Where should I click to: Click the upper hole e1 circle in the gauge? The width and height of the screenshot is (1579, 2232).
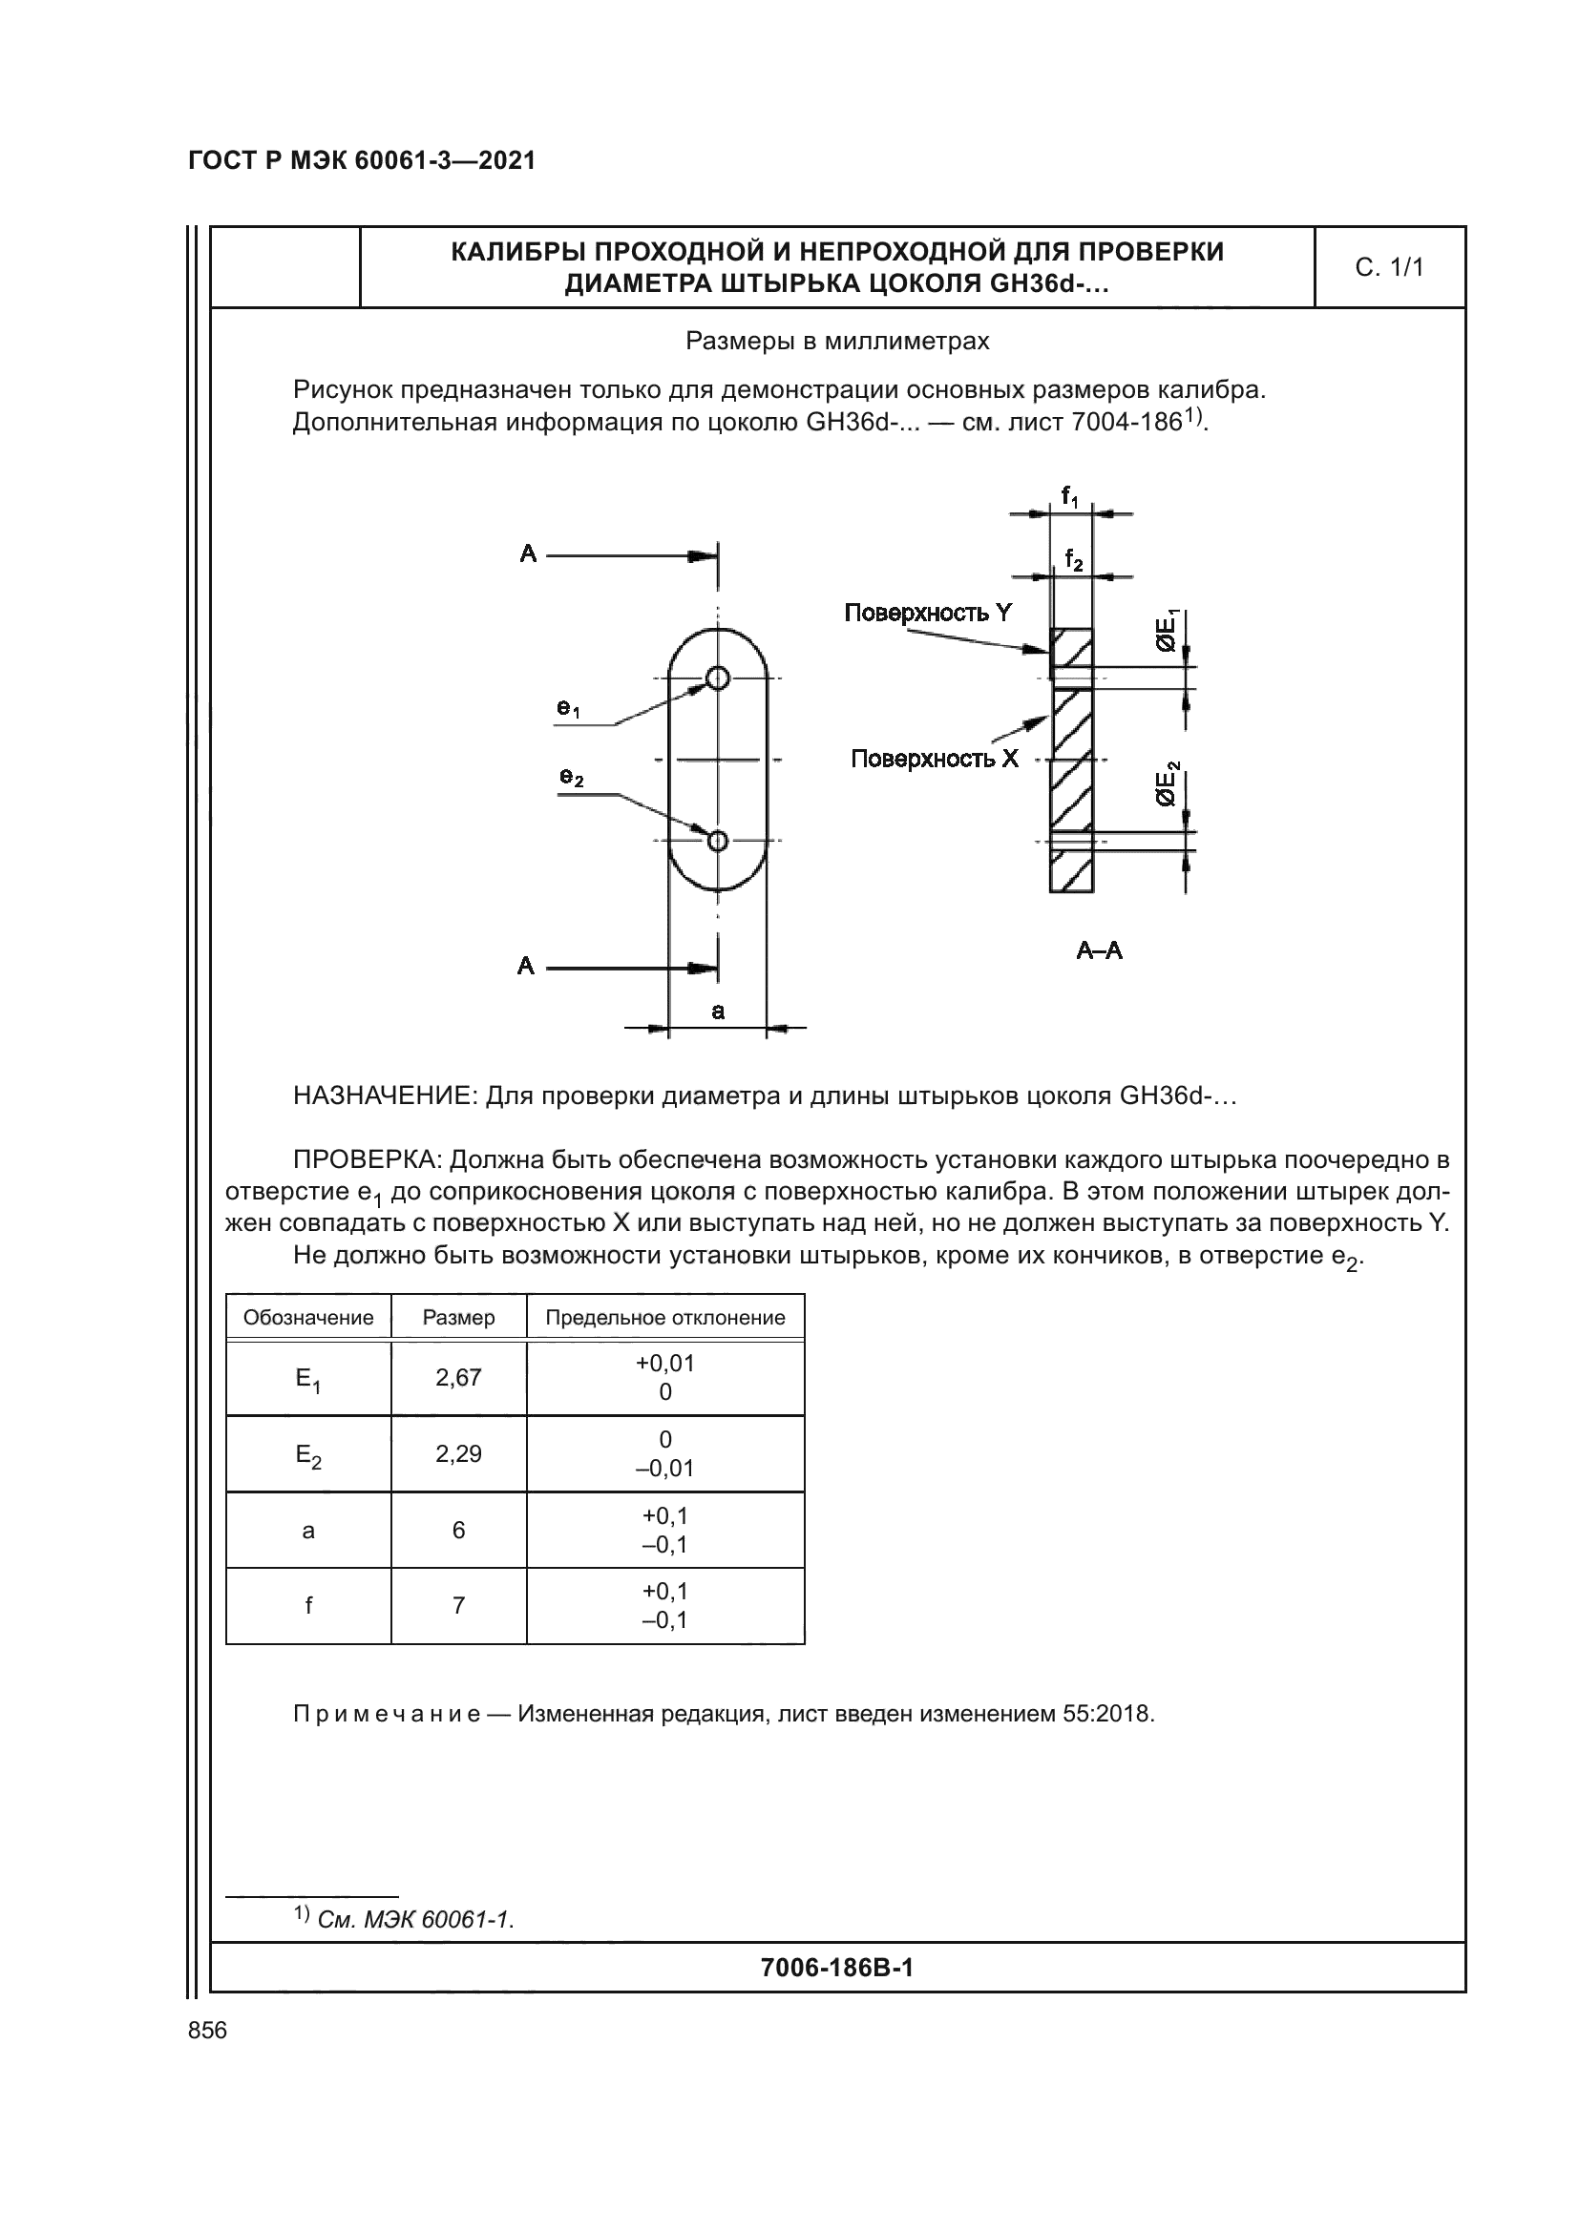tap(718, 678)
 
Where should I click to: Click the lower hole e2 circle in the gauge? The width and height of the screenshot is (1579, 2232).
tap(718, 840)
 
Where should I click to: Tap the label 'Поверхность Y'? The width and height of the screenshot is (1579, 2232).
tap(928, 613)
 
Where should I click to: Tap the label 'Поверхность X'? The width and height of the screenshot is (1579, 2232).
tap(935, 759)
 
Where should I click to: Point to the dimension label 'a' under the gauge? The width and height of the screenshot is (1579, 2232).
tap(718, 1011)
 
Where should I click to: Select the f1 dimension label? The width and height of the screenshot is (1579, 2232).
tap(1069, 498)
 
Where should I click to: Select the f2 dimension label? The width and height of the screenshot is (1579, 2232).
tap(1073, 560)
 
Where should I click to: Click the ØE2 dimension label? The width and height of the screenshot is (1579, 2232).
tap(1167, 783)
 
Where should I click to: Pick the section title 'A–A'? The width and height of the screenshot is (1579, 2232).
tap(1099, 950)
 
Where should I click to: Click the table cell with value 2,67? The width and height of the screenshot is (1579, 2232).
tap(458, 1378)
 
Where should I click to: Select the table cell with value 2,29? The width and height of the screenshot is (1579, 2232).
tap(458, 1453)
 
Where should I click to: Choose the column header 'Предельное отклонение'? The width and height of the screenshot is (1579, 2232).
tap(665, 1317)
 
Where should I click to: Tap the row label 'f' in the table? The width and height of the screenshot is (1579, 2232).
tap(308, 1605)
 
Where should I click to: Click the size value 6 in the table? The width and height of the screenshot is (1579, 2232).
tap(458, 1530)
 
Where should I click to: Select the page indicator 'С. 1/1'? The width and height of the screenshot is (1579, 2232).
tap(1388, 267)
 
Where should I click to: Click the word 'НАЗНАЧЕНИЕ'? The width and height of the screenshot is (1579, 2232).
tap(384, 1096)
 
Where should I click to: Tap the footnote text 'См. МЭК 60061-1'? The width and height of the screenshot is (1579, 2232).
tap(415, 1920)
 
